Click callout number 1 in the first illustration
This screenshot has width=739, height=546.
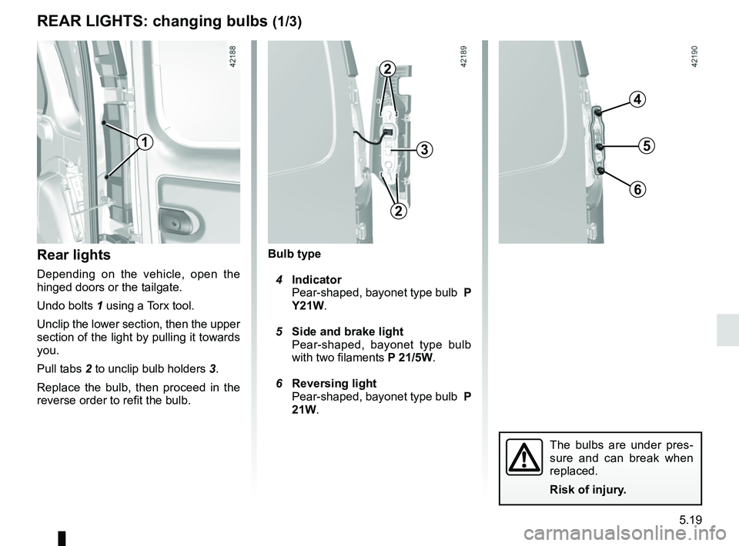pos(145,141)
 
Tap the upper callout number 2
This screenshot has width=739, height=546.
pos(387,70)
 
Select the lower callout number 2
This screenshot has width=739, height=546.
pos(399,211)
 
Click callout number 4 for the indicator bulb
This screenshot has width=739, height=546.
pos(637,100)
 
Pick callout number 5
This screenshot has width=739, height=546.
pos(647,145)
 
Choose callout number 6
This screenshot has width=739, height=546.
pos(637,190)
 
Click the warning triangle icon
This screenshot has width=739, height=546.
pos(524,457)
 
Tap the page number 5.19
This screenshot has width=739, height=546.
pos(691,520)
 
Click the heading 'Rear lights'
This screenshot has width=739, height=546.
pos(74,255)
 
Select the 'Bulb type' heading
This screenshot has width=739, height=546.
pos(294,254)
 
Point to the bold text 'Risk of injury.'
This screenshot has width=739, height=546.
pos(587,490)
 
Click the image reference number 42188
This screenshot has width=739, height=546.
pos(233,57)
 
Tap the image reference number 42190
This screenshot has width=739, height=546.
pos(695,57)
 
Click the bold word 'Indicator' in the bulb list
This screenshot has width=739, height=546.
pos(316,280)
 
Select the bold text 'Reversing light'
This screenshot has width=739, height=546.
pos(334,383)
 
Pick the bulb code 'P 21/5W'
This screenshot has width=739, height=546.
pos(410,358)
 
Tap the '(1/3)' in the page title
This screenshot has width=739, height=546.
pos(287,22)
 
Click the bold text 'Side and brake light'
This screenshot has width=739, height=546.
pos(348,331)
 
